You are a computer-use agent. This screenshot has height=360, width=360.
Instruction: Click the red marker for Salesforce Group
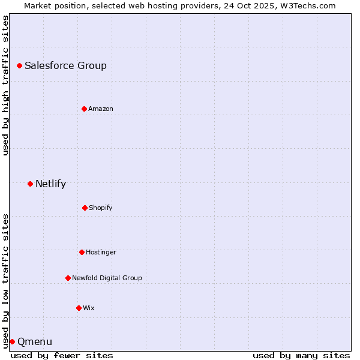(19, 65)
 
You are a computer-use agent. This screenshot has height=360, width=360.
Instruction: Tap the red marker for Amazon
(84, 109)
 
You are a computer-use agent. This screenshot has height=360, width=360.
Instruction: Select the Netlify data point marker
(30, 184)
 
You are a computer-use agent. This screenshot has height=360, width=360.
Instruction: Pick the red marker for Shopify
(85, 208)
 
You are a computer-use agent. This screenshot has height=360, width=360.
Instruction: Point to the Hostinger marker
(82, 252)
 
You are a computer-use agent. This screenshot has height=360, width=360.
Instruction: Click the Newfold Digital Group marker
(68, 278)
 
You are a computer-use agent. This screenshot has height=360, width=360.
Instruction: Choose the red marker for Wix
(79, 308)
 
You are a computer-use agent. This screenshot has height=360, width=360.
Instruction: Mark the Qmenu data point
(12, 341)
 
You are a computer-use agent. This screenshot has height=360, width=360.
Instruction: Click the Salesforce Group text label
(65, 66)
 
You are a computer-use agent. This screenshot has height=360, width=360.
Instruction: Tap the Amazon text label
(101, 109)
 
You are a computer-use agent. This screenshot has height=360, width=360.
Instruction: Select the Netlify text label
(50, 184)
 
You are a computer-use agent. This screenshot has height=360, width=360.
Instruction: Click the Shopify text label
(101, 208)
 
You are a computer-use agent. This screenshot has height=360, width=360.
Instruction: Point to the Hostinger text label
(101, 253)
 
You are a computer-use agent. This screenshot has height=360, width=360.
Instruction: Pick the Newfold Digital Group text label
(107, 278)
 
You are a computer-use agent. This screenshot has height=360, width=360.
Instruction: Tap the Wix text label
(89, 308)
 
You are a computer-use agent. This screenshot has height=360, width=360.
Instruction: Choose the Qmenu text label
(35, 342)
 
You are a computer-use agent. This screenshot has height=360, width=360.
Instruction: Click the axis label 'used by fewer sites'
(62, 355)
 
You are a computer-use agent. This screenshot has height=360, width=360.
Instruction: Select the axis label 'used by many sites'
(301, 355)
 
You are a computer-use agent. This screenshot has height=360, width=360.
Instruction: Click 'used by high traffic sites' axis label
(5, 85)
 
